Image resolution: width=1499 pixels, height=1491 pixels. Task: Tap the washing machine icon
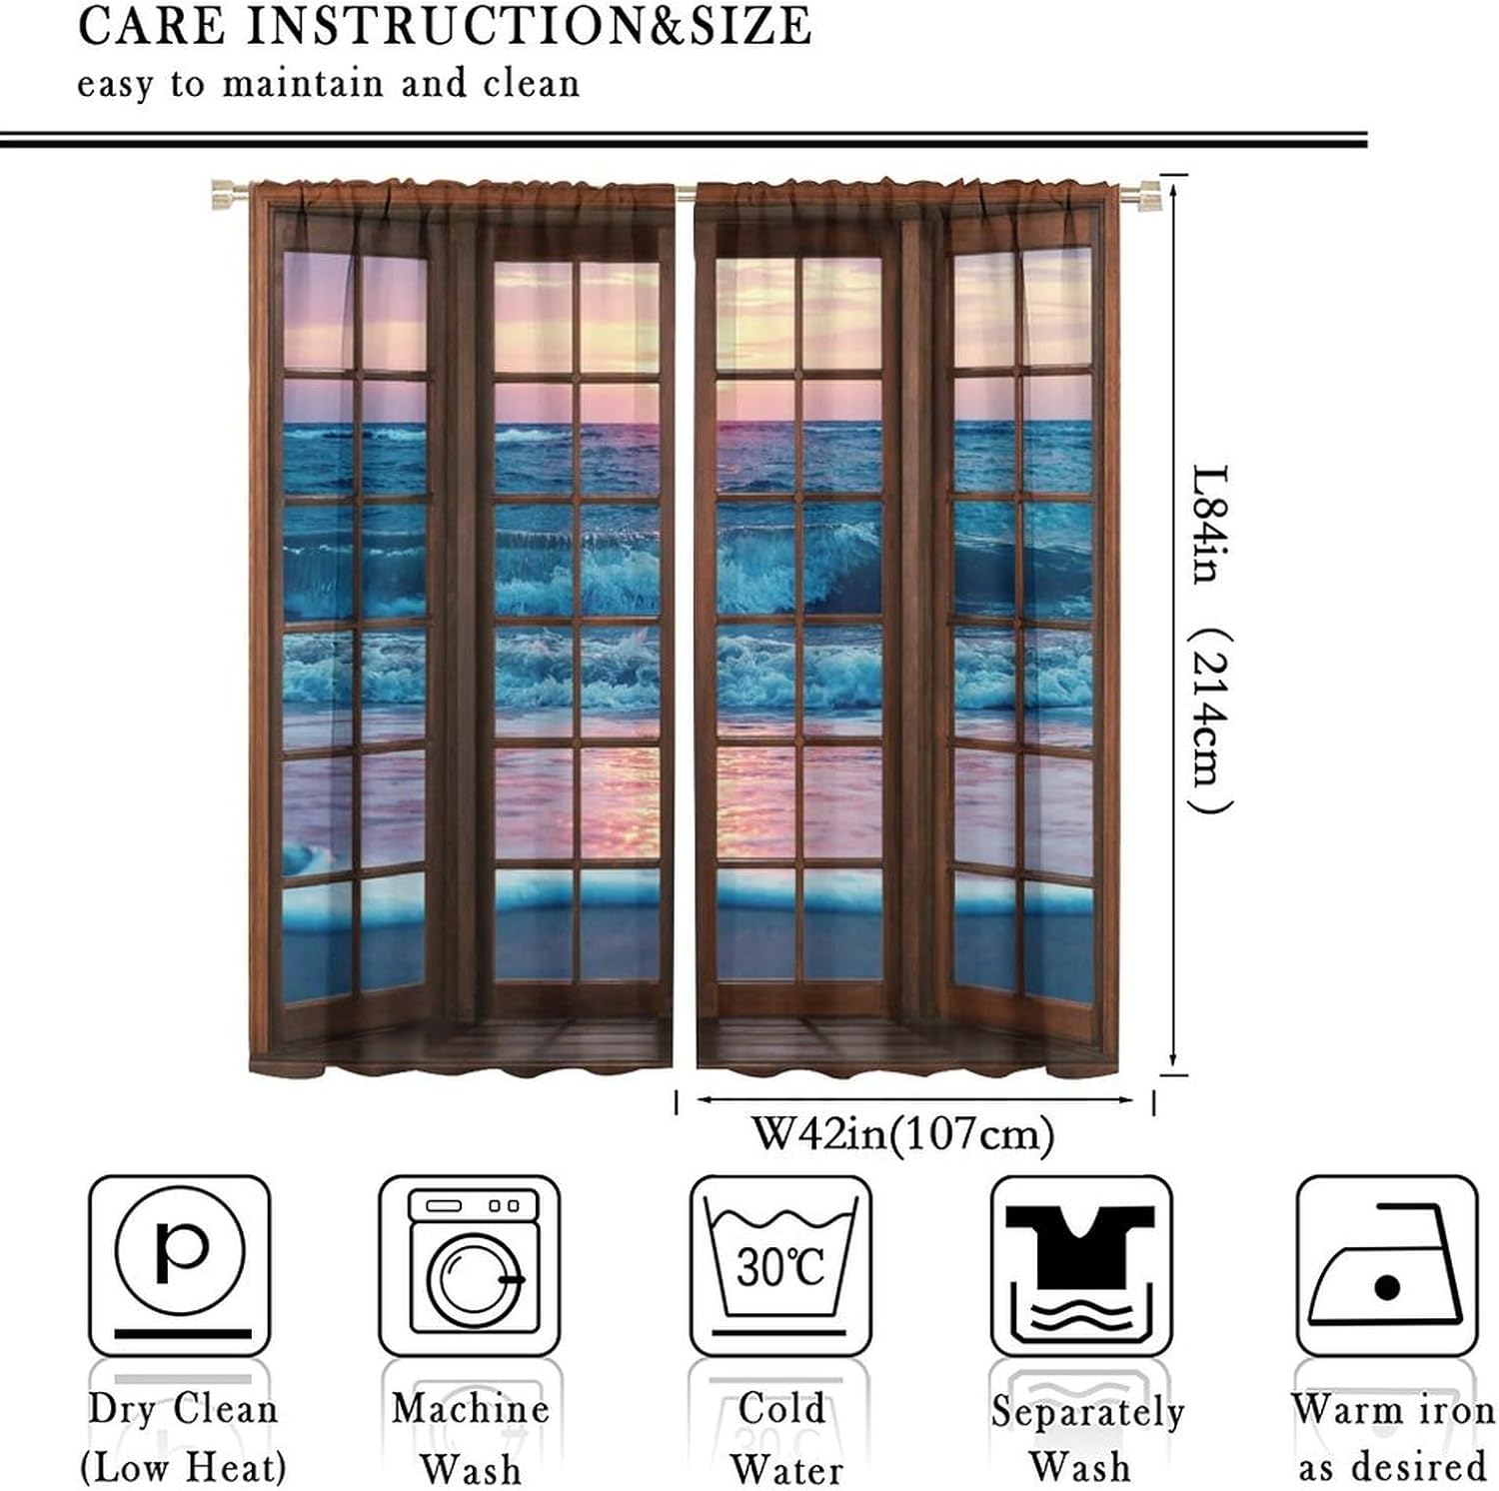(470, 1264)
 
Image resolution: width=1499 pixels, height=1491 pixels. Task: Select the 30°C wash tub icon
(780, 1264)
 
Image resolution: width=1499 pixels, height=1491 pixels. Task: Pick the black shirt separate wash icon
(1080, 1264)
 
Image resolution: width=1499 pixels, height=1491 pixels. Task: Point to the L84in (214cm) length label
(1212, 640)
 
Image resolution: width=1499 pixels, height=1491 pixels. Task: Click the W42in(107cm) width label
(902, 1134)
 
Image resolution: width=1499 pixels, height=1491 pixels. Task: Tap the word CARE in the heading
(153, 27)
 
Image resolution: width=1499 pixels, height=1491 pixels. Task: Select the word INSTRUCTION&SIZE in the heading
(529, 27)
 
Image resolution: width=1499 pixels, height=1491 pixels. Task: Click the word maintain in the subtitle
(303, 84)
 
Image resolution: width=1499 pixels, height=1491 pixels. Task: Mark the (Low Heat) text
(184, 1468)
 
